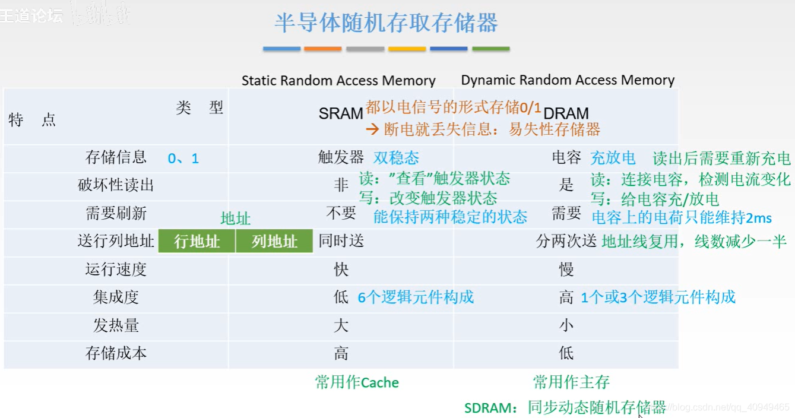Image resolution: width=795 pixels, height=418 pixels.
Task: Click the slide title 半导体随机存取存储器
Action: point(386,23)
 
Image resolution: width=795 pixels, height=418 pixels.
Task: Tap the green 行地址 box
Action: point(197,242)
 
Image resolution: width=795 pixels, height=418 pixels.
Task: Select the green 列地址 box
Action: point(274,242)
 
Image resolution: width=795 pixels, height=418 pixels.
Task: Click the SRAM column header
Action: point(340,113)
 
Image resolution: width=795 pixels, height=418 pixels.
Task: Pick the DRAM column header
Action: point(566,113)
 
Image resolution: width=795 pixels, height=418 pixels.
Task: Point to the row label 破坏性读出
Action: point(116,185)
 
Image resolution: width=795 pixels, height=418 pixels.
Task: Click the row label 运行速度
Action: point(116,270)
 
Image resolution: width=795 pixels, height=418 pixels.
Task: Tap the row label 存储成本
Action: point(116,354)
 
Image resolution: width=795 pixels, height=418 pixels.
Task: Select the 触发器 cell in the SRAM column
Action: point(341,157)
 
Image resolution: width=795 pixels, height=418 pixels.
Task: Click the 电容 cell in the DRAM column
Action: point(566,157)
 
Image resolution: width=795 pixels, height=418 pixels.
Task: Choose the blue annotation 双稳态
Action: point(396,158)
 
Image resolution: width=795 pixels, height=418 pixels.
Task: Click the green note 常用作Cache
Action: point(357,382)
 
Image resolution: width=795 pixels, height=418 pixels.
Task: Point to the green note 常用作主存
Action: point(571,382)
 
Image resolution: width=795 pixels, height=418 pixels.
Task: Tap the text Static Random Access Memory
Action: point(338,81)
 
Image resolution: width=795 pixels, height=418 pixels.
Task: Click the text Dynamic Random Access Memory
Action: point(568,80)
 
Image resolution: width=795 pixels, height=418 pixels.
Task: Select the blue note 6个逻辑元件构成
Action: point(416,297)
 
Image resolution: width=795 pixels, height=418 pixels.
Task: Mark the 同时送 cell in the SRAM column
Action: point(341,241)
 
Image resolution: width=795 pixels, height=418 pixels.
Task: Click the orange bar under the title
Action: point(323,49)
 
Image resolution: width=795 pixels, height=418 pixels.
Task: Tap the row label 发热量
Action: point(116,325)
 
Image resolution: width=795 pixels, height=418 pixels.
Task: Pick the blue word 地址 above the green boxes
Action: point(235,218)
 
